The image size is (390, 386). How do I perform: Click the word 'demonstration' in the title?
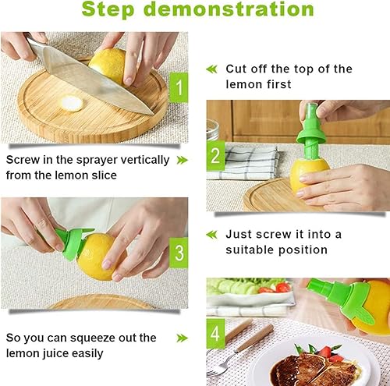229,9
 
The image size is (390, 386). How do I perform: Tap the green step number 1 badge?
179,87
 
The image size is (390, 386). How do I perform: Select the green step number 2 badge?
216,155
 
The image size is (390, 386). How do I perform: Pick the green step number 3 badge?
179,253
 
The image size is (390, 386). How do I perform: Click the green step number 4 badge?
216,334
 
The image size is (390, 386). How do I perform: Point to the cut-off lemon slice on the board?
72,103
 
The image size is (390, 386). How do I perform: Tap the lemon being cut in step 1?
108,65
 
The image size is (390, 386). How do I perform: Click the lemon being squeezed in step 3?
100,256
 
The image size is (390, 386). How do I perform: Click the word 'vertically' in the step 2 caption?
145,161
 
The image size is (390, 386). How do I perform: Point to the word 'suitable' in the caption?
250,250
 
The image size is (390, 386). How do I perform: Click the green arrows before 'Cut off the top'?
211,69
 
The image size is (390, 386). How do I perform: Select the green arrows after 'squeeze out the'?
182,338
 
